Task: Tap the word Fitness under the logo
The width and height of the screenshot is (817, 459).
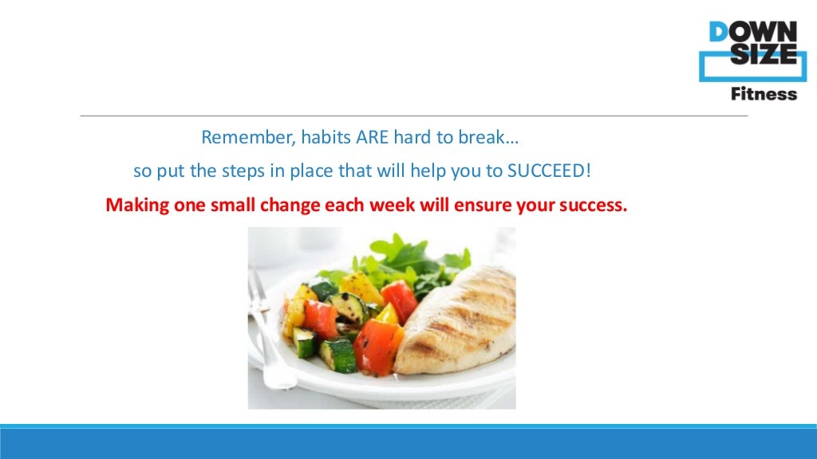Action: point(764,94)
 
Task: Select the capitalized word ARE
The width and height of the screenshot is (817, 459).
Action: point(372,137)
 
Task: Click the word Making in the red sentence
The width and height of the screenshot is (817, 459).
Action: point(137,206)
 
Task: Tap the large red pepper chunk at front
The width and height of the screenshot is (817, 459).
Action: point(377,347)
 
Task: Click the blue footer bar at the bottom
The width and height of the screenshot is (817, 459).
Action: point(408,442)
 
